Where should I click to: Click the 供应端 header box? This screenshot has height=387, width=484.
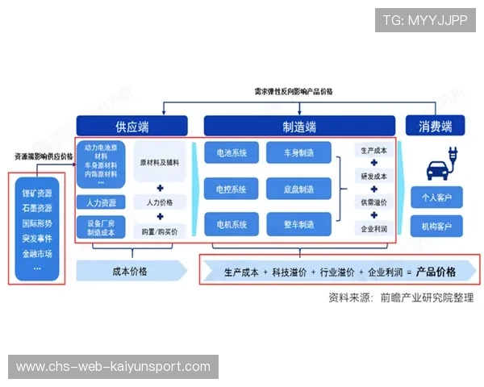pyautogui.click(x=131, y=126)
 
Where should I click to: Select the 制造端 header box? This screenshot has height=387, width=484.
pyautogui.click(x=298, y=126)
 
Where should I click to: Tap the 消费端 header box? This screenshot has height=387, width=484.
pyautogui.click(x=435, y=126)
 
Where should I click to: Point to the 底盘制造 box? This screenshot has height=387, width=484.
pyautogui.click(x=298, y=189)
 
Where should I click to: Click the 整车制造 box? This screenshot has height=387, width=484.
pyautogui.click(x=298, y=224)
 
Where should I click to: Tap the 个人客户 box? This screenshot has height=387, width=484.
pyautogui.click(x=436, y=197)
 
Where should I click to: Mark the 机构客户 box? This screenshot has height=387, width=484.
pyautogui.click(x=436, y=224)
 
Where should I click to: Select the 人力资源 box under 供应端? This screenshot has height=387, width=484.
pyautogui.click(x=101, y=202)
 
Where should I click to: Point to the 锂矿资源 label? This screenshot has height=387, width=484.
pyautogui.click(x=37, y=193)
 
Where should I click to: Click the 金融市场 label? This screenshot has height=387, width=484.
pyautogui.click(x=37, y=253)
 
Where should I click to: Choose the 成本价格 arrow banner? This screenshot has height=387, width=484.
pyautogui.click(x=129, y=271)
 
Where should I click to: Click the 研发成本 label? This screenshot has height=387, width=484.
pyautogui.click(x=373, y=177)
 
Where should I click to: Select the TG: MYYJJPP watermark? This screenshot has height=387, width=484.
pyautogui.click(x=425, y=20)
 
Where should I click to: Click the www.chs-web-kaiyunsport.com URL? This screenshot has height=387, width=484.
pyautogui.click(x=113, y=367)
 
